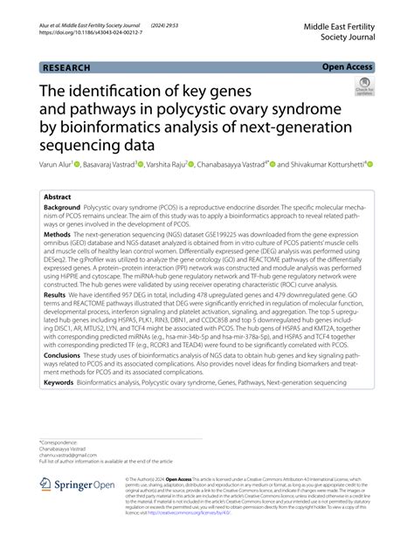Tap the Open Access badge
pos(348,65)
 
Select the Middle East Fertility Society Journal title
pos(338,34)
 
